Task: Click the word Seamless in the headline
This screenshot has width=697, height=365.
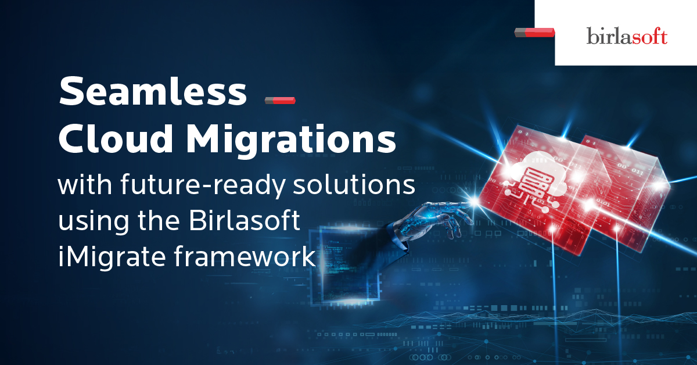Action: tap(153, 91)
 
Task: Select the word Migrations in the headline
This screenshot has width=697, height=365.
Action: tap(291, 141)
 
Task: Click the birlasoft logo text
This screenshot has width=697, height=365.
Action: tap(627, 36)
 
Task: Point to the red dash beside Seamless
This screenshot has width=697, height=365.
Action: tap(280, 101)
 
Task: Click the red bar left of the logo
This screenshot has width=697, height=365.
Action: tap(534, 33)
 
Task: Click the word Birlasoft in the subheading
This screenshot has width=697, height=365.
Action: tap(245, 220)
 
